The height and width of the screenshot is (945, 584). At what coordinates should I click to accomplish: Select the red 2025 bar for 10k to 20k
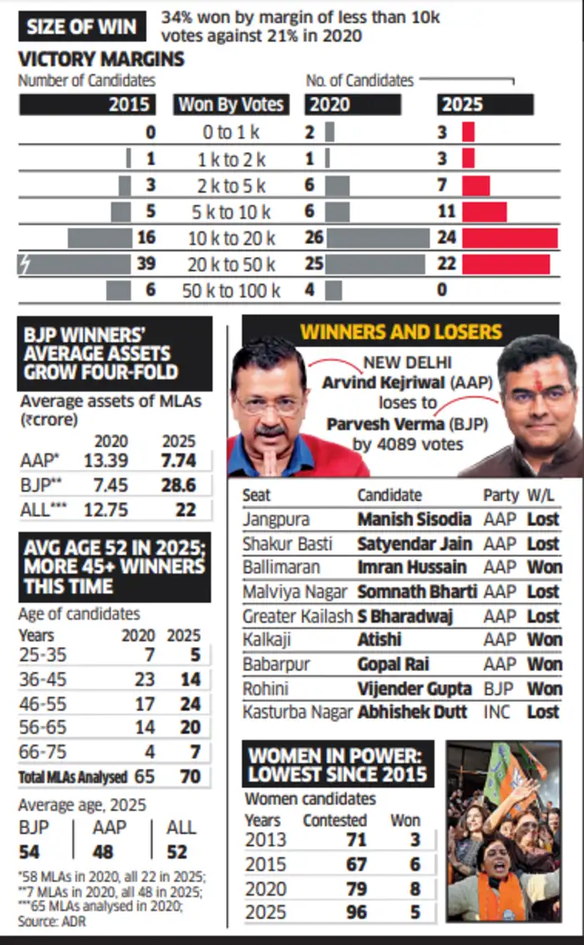tap(510, 238)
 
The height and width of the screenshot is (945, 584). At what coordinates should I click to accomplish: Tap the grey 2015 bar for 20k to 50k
tap(75, 265)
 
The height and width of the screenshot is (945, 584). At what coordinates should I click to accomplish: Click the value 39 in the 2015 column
tap(145, 265)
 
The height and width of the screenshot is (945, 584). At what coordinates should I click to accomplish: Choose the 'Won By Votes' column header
tap(231, 105)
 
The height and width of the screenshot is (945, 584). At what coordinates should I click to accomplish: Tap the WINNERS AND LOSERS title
tap(400, 331)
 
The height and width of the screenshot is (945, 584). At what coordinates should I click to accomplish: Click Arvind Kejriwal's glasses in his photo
tap(269, 404)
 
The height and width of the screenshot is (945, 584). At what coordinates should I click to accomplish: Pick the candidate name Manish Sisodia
tap(415, 519)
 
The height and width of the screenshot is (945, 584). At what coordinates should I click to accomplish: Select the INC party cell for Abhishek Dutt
tap(498, 712)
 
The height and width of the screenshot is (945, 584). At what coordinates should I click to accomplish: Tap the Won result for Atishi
tap(543, 640)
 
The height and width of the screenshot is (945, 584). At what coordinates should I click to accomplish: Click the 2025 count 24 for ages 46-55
tap(190, 704)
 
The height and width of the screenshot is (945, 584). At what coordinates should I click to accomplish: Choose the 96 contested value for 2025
tap(356, 912)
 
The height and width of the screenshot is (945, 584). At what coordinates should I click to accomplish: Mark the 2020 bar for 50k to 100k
tap(334, 291)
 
